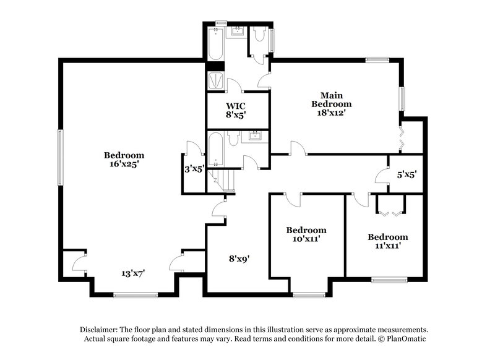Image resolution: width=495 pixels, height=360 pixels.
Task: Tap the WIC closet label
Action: pyautogui.click(x=236, y=106)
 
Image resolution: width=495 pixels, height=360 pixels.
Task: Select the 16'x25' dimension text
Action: pyautogui.click(x=124, y=164)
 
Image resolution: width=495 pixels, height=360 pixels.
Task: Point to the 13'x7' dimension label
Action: pyautogui.click(x=132, y=272)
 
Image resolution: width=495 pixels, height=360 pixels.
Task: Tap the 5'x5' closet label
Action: pyautogui.click(x=406, y=174)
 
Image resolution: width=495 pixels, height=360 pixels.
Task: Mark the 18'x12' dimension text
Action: pyautogui.click(x=327, y=113)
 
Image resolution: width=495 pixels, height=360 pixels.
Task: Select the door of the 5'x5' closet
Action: pyautogui.click(x=380, y=176)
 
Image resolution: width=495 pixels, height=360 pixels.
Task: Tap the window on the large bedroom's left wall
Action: pyautogui.click(x=60, y=156)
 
